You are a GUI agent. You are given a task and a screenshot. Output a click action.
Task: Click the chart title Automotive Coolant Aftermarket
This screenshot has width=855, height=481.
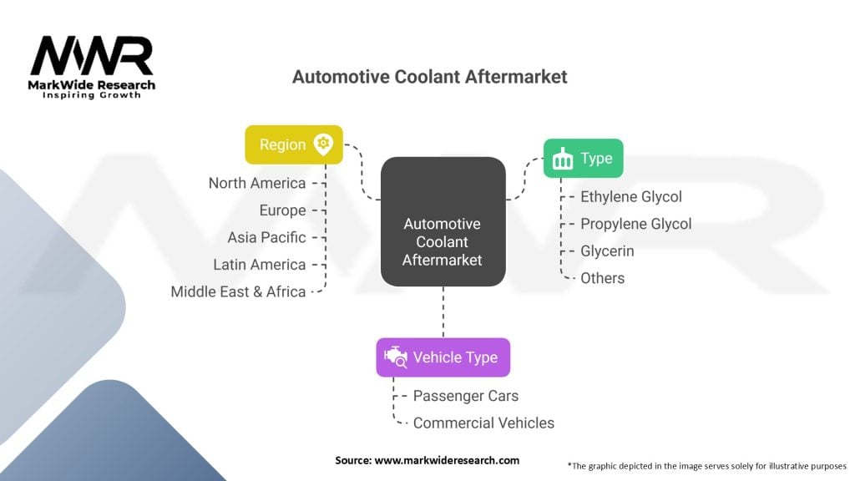(429, 77)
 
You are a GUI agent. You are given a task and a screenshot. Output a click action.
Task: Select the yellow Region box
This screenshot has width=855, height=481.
(293, 144)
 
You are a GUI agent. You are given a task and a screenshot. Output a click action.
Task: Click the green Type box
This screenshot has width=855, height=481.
(584, 159)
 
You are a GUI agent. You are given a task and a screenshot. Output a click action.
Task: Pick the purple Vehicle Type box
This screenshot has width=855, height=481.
(443, 357)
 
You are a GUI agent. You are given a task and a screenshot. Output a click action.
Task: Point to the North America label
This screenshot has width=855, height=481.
(257, 183)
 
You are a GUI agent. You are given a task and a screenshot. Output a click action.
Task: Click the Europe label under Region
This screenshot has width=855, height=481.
(282, 210)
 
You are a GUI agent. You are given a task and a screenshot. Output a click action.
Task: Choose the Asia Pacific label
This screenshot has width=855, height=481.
(266, 237)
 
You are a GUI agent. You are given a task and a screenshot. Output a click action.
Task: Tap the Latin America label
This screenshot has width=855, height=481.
(259, 265)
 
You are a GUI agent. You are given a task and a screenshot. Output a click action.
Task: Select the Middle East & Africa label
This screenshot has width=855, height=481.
(238, 291)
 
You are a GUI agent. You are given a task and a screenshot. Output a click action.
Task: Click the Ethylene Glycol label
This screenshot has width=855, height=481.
(631, 197)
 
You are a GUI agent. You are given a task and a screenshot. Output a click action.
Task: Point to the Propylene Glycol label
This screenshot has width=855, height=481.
(636, 224)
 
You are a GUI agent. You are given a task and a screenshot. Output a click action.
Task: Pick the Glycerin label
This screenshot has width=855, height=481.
(607, 251)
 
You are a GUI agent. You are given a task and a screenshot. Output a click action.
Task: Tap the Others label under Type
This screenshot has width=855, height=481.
(602, 278)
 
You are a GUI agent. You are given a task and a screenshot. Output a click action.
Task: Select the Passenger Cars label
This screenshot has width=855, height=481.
(465, 396)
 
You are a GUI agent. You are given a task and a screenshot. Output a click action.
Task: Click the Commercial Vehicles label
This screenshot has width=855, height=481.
(483, 423)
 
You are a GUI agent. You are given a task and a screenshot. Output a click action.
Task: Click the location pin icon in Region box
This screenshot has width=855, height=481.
(322, 144)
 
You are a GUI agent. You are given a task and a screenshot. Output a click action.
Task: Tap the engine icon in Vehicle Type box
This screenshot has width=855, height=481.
(395, 357)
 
